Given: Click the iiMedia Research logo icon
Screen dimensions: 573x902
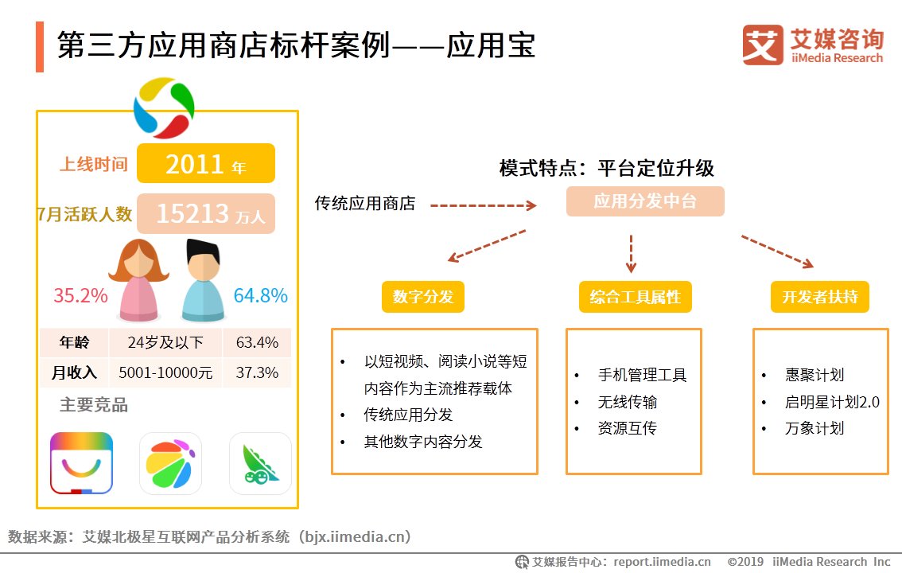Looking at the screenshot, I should tap(763, 45).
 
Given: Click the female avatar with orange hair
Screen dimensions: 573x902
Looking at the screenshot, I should tap(138, 280).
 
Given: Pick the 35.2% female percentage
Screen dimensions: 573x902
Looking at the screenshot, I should tap(80, 296).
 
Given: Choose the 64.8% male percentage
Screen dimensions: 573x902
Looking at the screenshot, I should tap(260, 296).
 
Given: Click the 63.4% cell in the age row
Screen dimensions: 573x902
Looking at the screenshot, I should tap(257, 343).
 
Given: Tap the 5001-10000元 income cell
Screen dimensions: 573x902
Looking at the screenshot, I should tap(165, 372).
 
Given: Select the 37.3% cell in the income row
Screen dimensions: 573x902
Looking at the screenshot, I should tap(257, 372).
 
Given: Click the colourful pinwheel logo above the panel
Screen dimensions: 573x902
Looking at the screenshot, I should tap(164, 108).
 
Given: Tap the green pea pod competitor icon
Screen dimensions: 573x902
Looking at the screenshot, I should tap(260, 463).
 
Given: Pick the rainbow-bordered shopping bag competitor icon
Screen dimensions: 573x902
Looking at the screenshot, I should tap(81, 463).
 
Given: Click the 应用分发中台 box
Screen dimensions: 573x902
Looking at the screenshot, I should tap(645, 201).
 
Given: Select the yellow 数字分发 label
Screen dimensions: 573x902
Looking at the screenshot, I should tap(422, 297).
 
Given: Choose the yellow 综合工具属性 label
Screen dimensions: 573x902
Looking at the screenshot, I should tap(635, 297).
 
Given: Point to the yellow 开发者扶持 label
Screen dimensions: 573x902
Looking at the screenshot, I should tap(819, 297).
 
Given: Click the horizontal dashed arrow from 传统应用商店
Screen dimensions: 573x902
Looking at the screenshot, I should tap(484, 205).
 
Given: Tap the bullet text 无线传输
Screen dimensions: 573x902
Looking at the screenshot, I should tap(628, 402).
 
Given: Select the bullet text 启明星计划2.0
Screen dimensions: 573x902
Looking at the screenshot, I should tap(832, 402).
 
